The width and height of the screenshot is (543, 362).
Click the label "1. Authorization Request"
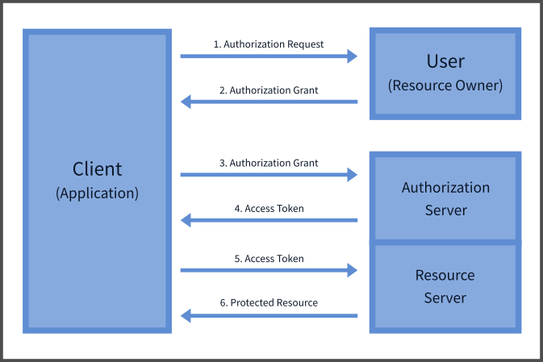(x=269, y=44)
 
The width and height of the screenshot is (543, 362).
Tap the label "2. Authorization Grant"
(x=269, y=90)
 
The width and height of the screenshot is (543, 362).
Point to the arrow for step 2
(x=274, y=102)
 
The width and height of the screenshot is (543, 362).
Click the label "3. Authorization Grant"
(x=269, y=163)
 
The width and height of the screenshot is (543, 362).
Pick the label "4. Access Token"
(x=269, y=208)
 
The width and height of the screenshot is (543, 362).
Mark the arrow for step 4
(x=274, y=219)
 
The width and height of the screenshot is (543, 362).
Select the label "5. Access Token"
(x=269, y=259)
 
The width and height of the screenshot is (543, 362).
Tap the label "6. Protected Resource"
(x=269, y=302)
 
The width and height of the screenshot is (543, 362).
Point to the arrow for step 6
(x=274, y=315)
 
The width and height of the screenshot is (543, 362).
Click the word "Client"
(x=97, y=169)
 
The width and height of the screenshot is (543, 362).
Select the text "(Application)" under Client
(x=97, y=193)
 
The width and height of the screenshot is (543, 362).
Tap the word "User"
(x=445, y=62)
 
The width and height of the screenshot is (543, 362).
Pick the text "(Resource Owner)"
(x=445, y=85)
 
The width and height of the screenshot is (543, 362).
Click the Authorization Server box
(x=445, y=198)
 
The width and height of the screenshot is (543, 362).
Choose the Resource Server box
(x=445, y=286)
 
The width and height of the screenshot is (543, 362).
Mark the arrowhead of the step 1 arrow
(x=352, y=56)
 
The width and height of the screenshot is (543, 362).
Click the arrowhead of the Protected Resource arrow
(x=186, y=315)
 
